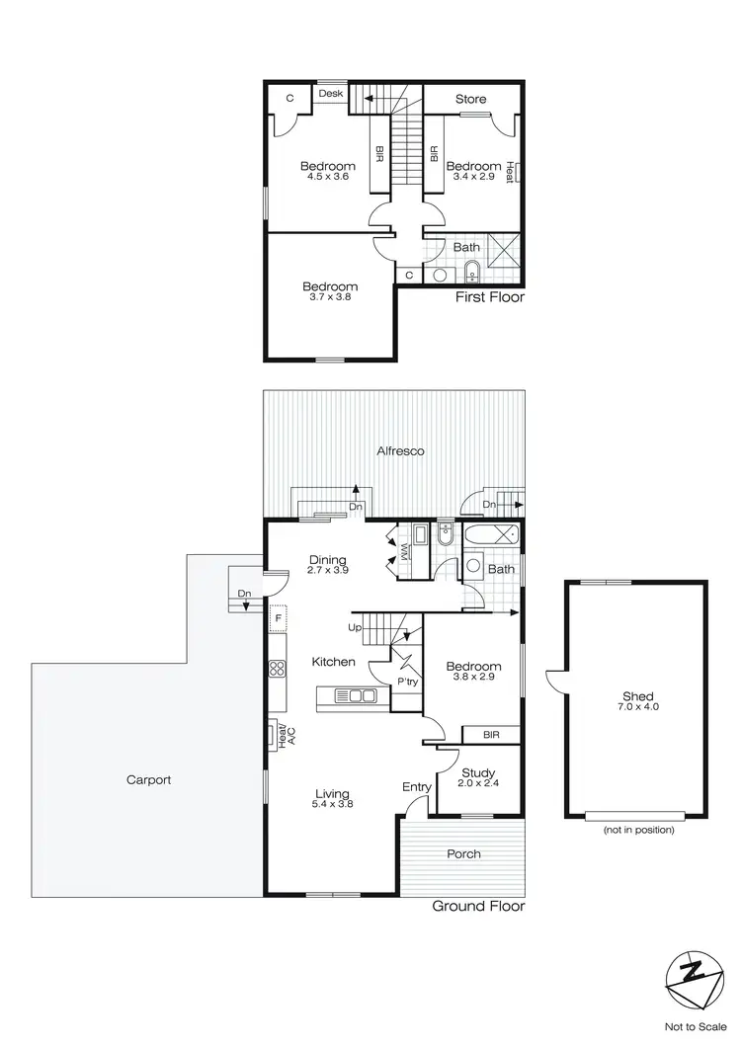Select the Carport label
pos(148,779)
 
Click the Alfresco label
pos(401,450)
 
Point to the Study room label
pos(478,773)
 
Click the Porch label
pos(463,853)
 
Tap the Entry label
pos(417,786)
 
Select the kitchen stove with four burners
pos(277,667)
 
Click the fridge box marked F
pos(278,619)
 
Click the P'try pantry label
pos(407,682)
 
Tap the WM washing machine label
pos(405,549)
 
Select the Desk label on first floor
pos(331,94)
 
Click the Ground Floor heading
pos(478,906)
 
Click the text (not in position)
pos(638,830)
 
